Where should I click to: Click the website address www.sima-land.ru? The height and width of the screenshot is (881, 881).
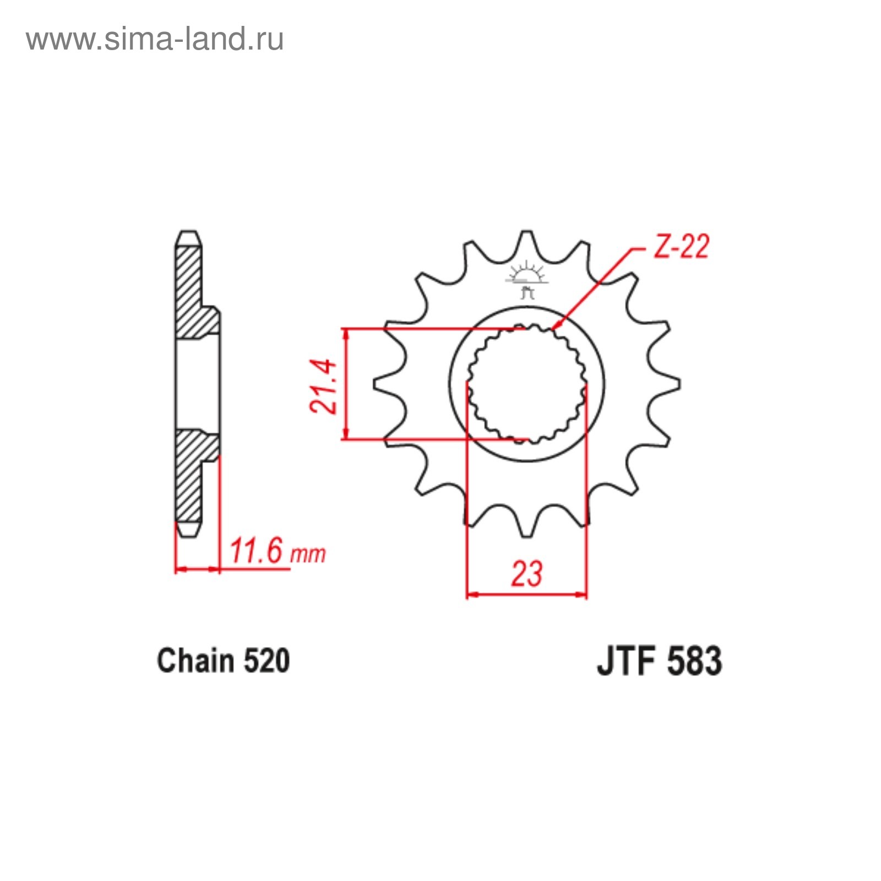[155, 40]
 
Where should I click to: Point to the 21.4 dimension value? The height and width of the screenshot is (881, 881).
[323, 386]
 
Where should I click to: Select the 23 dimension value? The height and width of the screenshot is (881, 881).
[526, 574]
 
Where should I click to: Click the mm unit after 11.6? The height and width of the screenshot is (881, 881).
[308, 554]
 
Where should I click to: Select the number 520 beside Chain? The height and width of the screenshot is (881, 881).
[267, 661]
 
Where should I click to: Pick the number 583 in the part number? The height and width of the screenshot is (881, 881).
[694, 661]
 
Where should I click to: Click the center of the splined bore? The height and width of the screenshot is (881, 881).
[527, 383]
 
